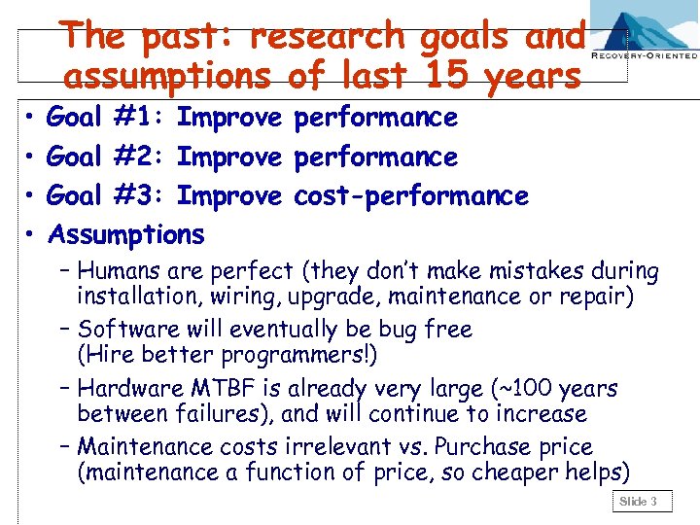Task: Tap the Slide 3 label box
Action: click(x=640, y=502)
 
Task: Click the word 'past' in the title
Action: click(x=191, y=37)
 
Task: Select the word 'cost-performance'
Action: click(x=410, y=195)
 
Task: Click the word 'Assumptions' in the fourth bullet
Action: click(x=126, y=234)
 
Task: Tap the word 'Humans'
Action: click(x=120, y=271)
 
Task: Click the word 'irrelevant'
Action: click(x=361, y=447)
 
